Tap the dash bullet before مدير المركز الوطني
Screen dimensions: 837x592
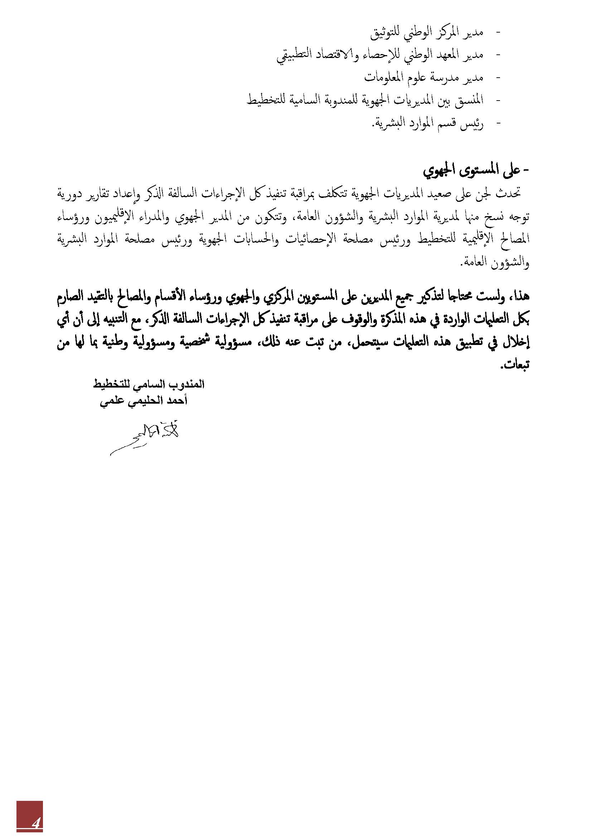coord(498,33)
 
